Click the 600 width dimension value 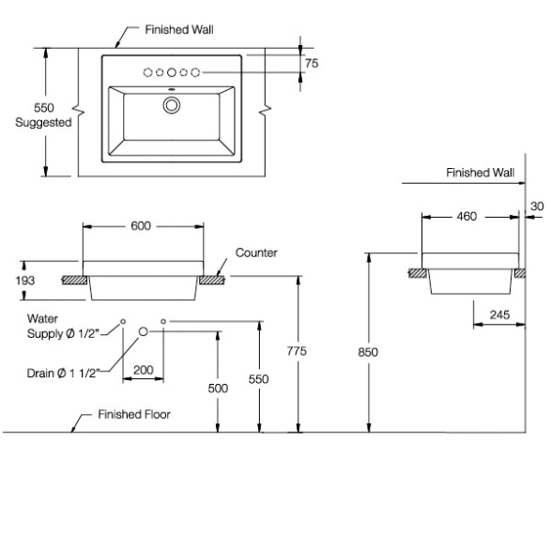coord(141,226)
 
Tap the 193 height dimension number coord(25,281)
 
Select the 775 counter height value coord(297,351)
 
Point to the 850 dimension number coord(368,352)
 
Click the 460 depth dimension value coord(467,217)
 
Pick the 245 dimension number coord(499,314)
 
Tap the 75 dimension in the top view coord(312,63)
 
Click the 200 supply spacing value coord(144,370)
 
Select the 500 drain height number coord(218,389)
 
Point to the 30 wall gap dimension coord(537,207)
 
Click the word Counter coord(256,253)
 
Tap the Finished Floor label coord(134,414)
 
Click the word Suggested coord(43,123)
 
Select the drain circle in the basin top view coord(172,105)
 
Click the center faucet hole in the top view coord(172,72)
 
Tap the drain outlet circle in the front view coord(143,331)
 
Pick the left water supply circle coord(123,321)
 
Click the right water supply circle coord(163,321)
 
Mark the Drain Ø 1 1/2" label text coord(64,373)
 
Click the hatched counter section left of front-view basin coord(75,280)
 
